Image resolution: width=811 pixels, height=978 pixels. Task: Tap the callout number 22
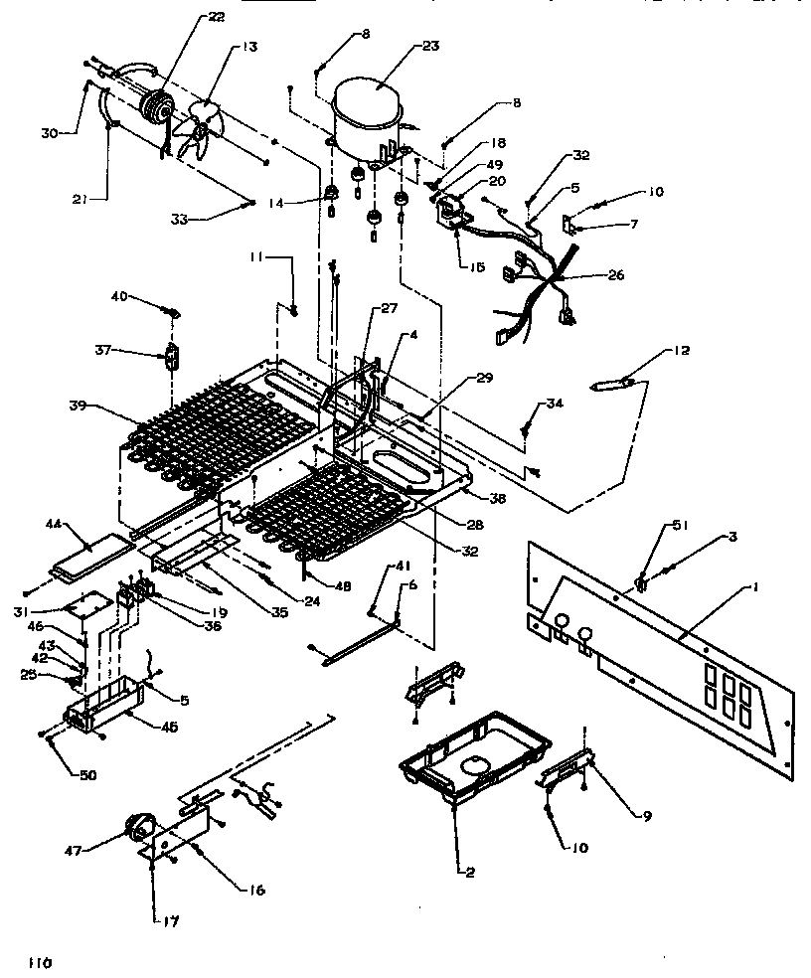pos(188,17)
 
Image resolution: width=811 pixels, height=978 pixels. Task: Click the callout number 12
pos(679,351)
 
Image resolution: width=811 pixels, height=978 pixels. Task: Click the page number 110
pos(40,962)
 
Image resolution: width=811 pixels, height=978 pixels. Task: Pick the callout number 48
pos(343,586)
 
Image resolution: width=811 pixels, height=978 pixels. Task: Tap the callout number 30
pos(50,132)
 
